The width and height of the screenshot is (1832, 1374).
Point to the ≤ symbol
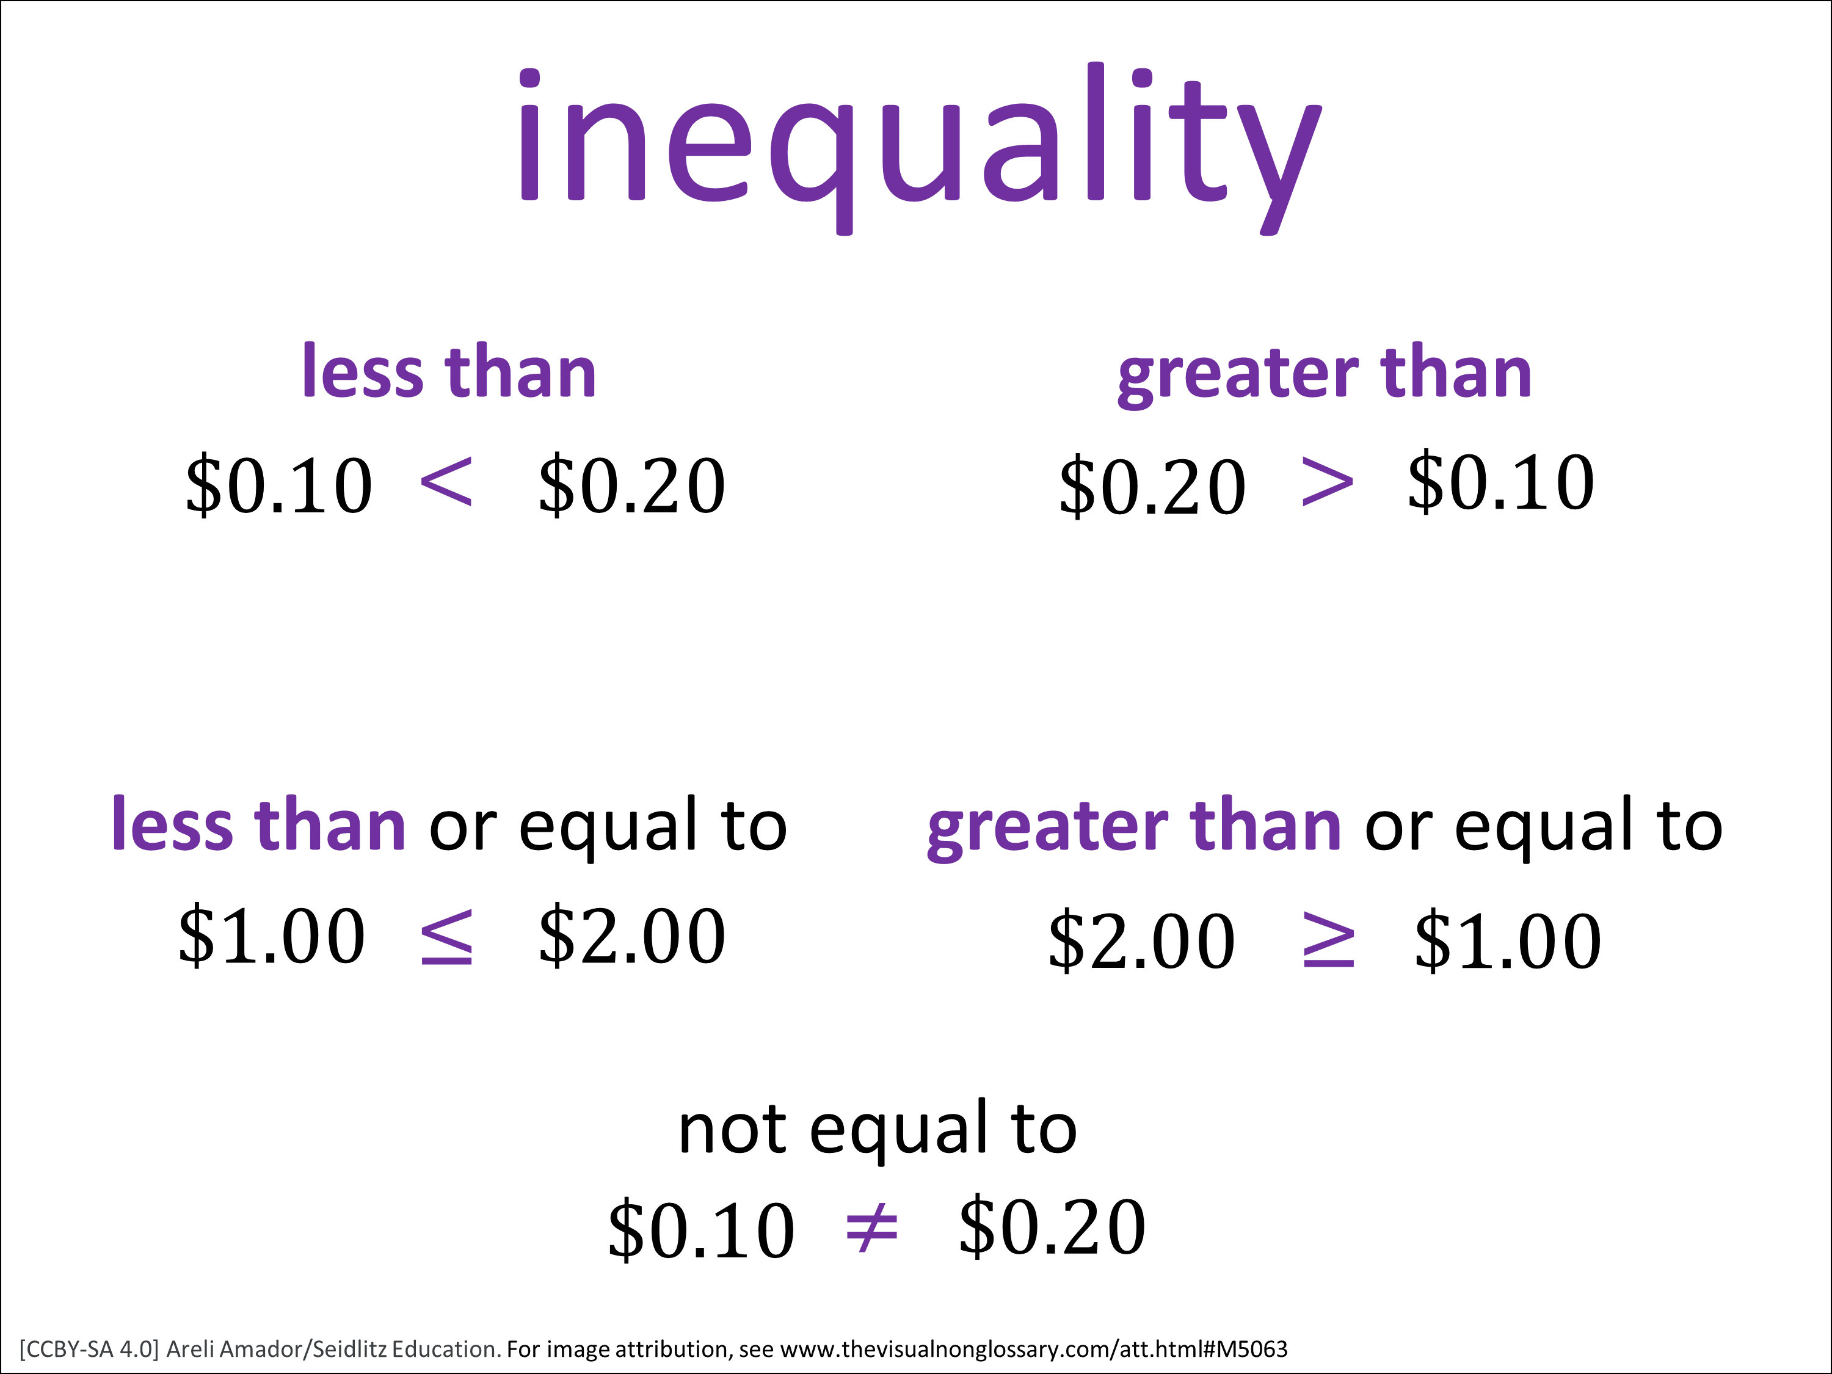446,937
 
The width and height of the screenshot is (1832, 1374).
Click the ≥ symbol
1328,939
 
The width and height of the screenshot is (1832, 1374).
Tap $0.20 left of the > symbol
1152,486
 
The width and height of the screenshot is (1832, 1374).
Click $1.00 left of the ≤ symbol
272,936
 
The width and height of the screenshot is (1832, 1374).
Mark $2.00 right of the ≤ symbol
632,936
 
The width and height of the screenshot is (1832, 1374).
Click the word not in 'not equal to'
732,1130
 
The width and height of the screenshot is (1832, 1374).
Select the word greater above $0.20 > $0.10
1238,375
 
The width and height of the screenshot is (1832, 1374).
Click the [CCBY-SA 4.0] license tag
89,1349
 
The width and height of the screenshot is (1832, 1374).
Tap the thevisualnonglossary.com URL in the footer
1034,1349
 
